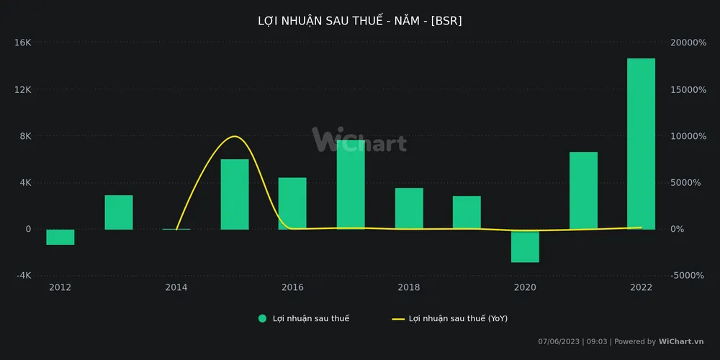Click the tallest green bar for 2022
[x=641, y=144]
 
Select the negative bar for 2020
[x=525, y=246]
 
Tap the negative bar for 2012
[x=60, y=237]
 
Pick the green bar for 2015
[x=235, y=194]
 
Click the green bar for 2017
[x=351, y=185]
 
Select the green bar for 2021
[x=583, y=191]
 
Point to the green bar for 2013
[x=119, y=212]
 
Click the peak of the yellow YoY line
[x=234, y=136]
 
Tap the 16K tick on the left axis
[x=23, y=43]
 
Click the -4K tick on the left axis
[x=23, y=276]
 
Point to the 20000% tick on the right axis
[x=688, y=43]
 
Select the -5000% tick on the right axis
[x=688, y=276]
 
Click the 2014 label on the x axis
[x=176, y=288]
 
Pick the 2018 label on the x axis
[x=409, y=288]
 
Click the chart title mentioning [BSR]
[x=360, y=21]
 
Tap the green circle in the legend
[x=262, y=318]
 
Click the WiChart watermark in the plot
[x=359, y=140]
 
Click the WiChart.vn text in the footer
[x=681, y=342]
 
